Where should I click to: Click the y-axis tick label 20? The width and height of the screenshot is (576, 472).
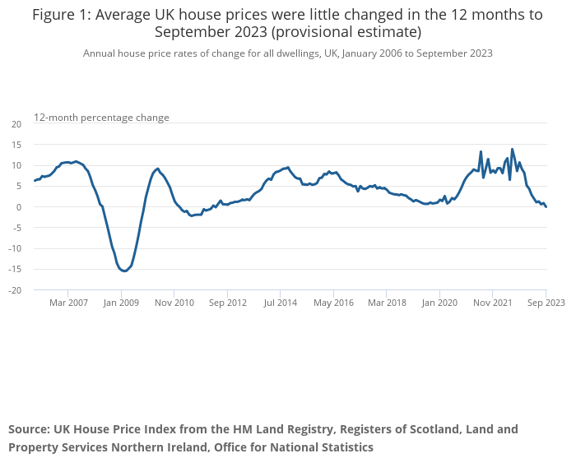point(16,123)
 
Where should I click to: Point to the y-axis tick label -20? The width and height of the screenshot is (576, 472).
point(15,290)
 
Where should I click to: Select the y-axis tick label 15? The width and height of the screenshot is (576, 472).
point(16,145)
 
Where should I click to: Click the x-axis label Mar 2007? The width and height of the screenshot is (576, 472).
point(68,303)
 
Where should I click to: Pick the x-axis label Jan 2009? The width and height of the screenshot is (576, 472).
point(121,303)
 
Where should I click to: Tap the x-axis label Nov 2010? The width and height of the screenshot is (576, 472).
point(174,303)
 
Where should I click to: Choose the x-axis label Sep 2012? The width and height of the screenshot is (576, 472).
point(227,303)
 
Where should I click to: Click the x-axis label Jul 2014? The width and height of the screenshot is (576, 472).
point(281,303)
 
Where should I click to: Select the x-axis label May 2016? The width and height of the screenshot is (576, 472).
point(333,303)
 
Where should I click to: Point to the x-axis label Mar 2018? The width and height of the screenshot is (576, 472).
point(387,303)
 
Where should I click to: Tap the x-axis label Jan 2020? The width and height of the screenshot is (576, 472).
point(439,303)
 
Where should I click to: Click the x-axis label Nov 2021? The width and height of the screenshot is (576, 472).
point(493,303)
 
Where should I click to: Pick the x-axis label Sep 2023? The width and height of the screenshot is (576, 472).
point(546,303)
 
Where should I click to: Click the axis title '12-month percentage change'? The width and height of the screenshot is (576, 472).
point(101,118)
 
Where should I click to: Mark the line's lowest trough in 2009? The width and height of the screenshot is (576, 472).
point(124,271)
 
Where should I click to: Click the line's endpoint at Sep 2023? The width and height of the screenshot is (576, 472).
point(546,206)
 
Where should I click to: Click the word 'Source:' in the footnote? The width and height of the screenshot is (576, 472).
point(29,429)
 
